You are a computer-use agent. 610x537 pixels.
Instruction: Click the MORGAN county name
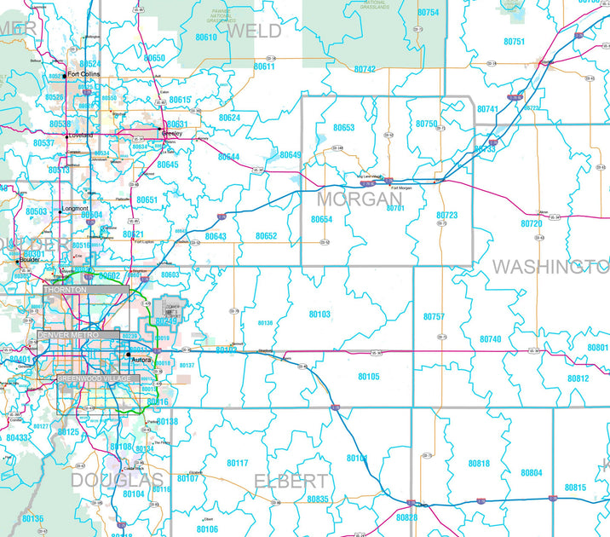[359, 199]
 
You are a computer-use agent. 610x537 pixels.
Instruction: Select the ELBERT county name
[291, 482]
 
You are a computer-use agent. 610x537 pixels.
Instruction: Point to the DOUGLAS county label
[117, 481]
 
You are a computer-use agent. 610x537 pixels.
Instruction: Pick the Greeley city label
[172, 133]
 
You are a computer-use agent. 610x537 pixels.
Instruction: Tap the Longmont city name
[75, 208]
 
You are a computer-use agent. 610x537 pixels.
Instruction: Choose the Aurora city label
[141, 360]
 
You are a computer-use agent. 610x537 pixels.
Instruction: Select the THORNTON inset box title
[66, 291]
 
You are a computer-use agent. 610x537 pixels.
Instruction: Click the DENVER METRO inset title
[68, 336]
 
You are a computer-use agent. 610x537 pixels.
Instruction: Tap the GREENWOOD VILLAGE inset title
[93, 378]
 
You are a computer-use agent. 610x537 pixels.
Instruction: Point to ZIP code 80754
[428, 13]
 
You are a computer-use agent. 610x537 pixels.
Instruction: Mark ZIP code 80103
[319, 315]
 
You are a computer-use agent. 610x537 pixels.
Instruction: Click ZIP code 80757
[434, 317]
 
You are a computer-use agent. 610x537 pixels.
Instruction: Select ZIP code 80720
[532, 223]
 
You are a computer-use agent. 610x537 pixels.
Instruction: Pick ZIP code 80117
[238, 463]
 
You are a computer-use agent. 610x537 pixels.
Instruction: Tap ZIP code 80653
[344, 127]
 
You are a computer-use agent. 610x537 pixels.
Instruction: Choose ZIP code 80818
[479, 463]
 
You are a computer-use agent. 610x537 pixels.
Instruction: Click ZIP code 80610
[205, 38]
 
